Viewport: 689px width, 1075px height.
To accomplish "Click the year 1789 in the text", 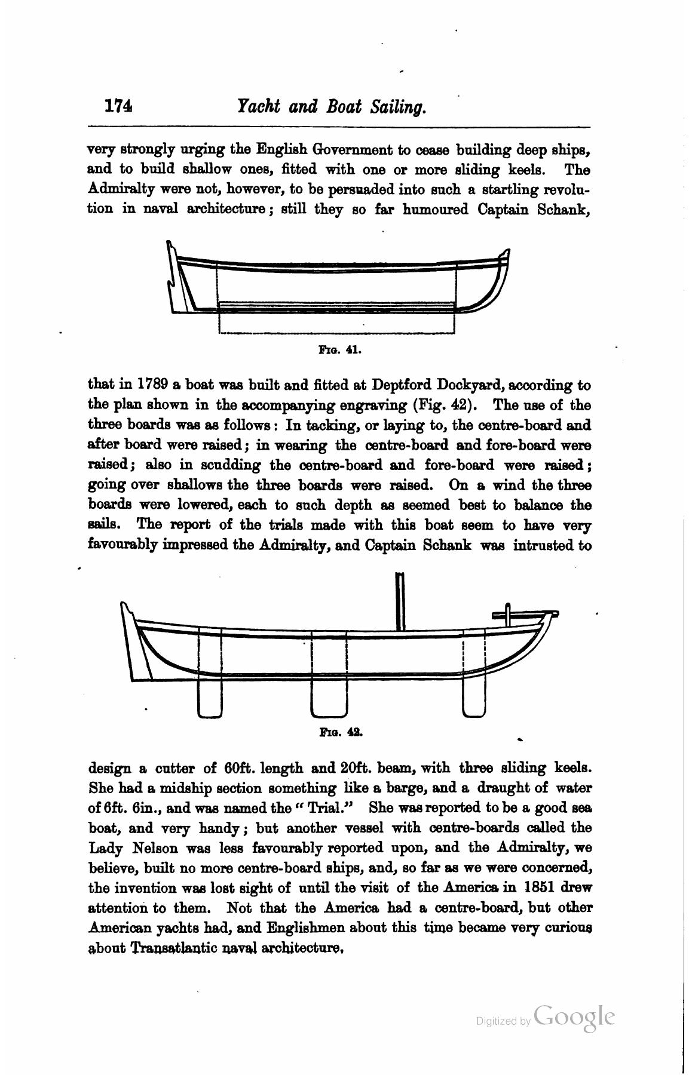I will pyautogui.click(x=155, y=385).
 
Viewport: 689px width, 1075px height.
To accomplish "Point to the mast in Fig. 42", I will pyautogui.click(x=400, y=601).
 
